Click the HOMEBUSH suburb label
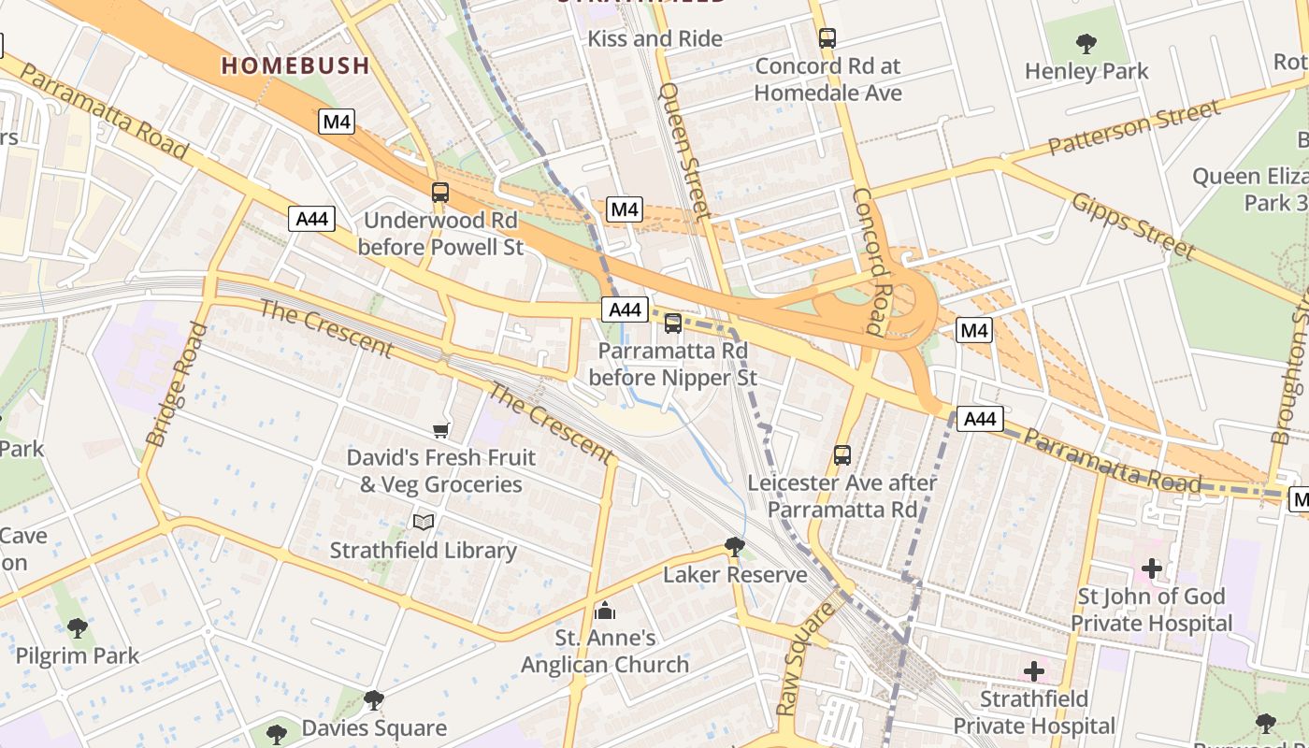click(295, 65)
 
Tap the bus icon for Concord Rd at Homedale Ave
click(827, 38)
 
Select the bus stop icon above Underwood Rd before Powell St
click(439, 193)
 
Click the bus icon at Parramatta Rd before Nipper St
click(672, 324)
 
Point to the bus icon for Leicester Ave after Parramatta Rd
click(841, 455)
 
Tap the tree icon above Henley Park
click(1086, 43)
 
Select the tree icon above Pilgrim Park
click(78, 628)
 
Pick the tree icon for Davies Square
click(373, 700)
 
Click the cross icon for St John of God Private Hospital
click(1151, 568)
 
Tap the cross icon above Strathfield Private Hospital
click(1033, 671)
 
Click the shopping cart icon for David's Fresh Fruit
click(440, 430)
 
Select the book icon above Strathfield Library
click(423, 522)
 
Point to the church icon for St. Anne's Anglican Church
click(605, 611)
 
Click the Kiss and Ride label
click(654, 38)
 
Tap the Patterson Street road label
click(1133, 128)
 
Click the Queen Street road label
click(684, 150)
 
